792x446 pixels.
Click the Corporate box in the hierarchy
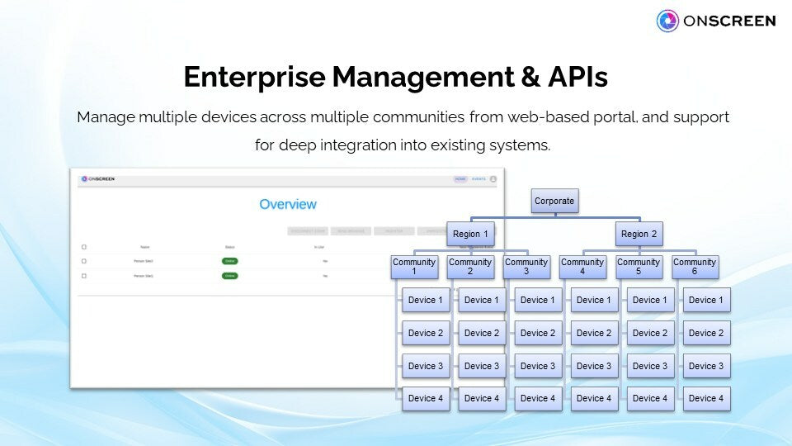(x=554, y=201)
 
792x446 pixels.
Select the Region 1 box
(x=470, y=234)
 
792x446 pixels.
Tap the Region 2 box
(x=639, y=234)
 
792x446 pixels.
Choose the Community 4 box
(x=582, y=267)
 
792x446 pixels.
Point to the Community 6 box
(x=695, y=267)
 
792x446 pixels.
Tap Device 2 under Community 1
(x=426, y=333)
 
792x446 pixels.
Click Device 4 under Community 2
(x=482, y=398)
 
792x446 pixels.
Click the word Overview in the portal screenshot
(x=288, y=204)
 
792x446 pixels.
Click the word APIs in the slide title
(x=577, y=77)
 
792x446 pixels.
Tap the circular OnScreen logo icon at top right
(x=667, y=21)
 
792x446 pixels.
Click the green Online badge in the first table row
(x=230, y=260)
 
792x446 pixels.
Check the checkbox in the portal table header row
(x=84, y=246)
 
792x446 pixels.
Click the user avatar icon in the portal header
(x=493, y=178)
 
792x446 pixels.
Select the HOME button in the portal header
(x=460, y=178)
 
